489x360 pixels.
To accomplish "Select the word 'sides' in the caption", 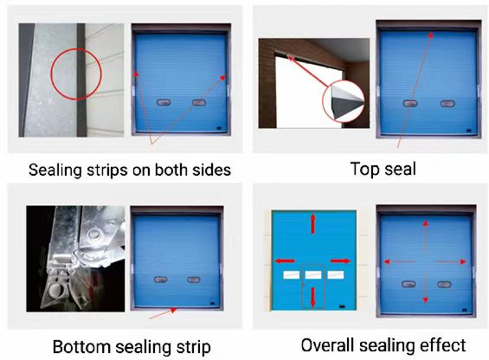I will click(x=210, y=170).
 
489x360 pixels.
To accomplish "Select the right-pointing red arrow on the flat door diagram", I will click(x=339, y=260).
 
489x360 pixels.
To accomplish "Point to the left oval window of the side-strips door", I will click(x=162, y=102).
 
